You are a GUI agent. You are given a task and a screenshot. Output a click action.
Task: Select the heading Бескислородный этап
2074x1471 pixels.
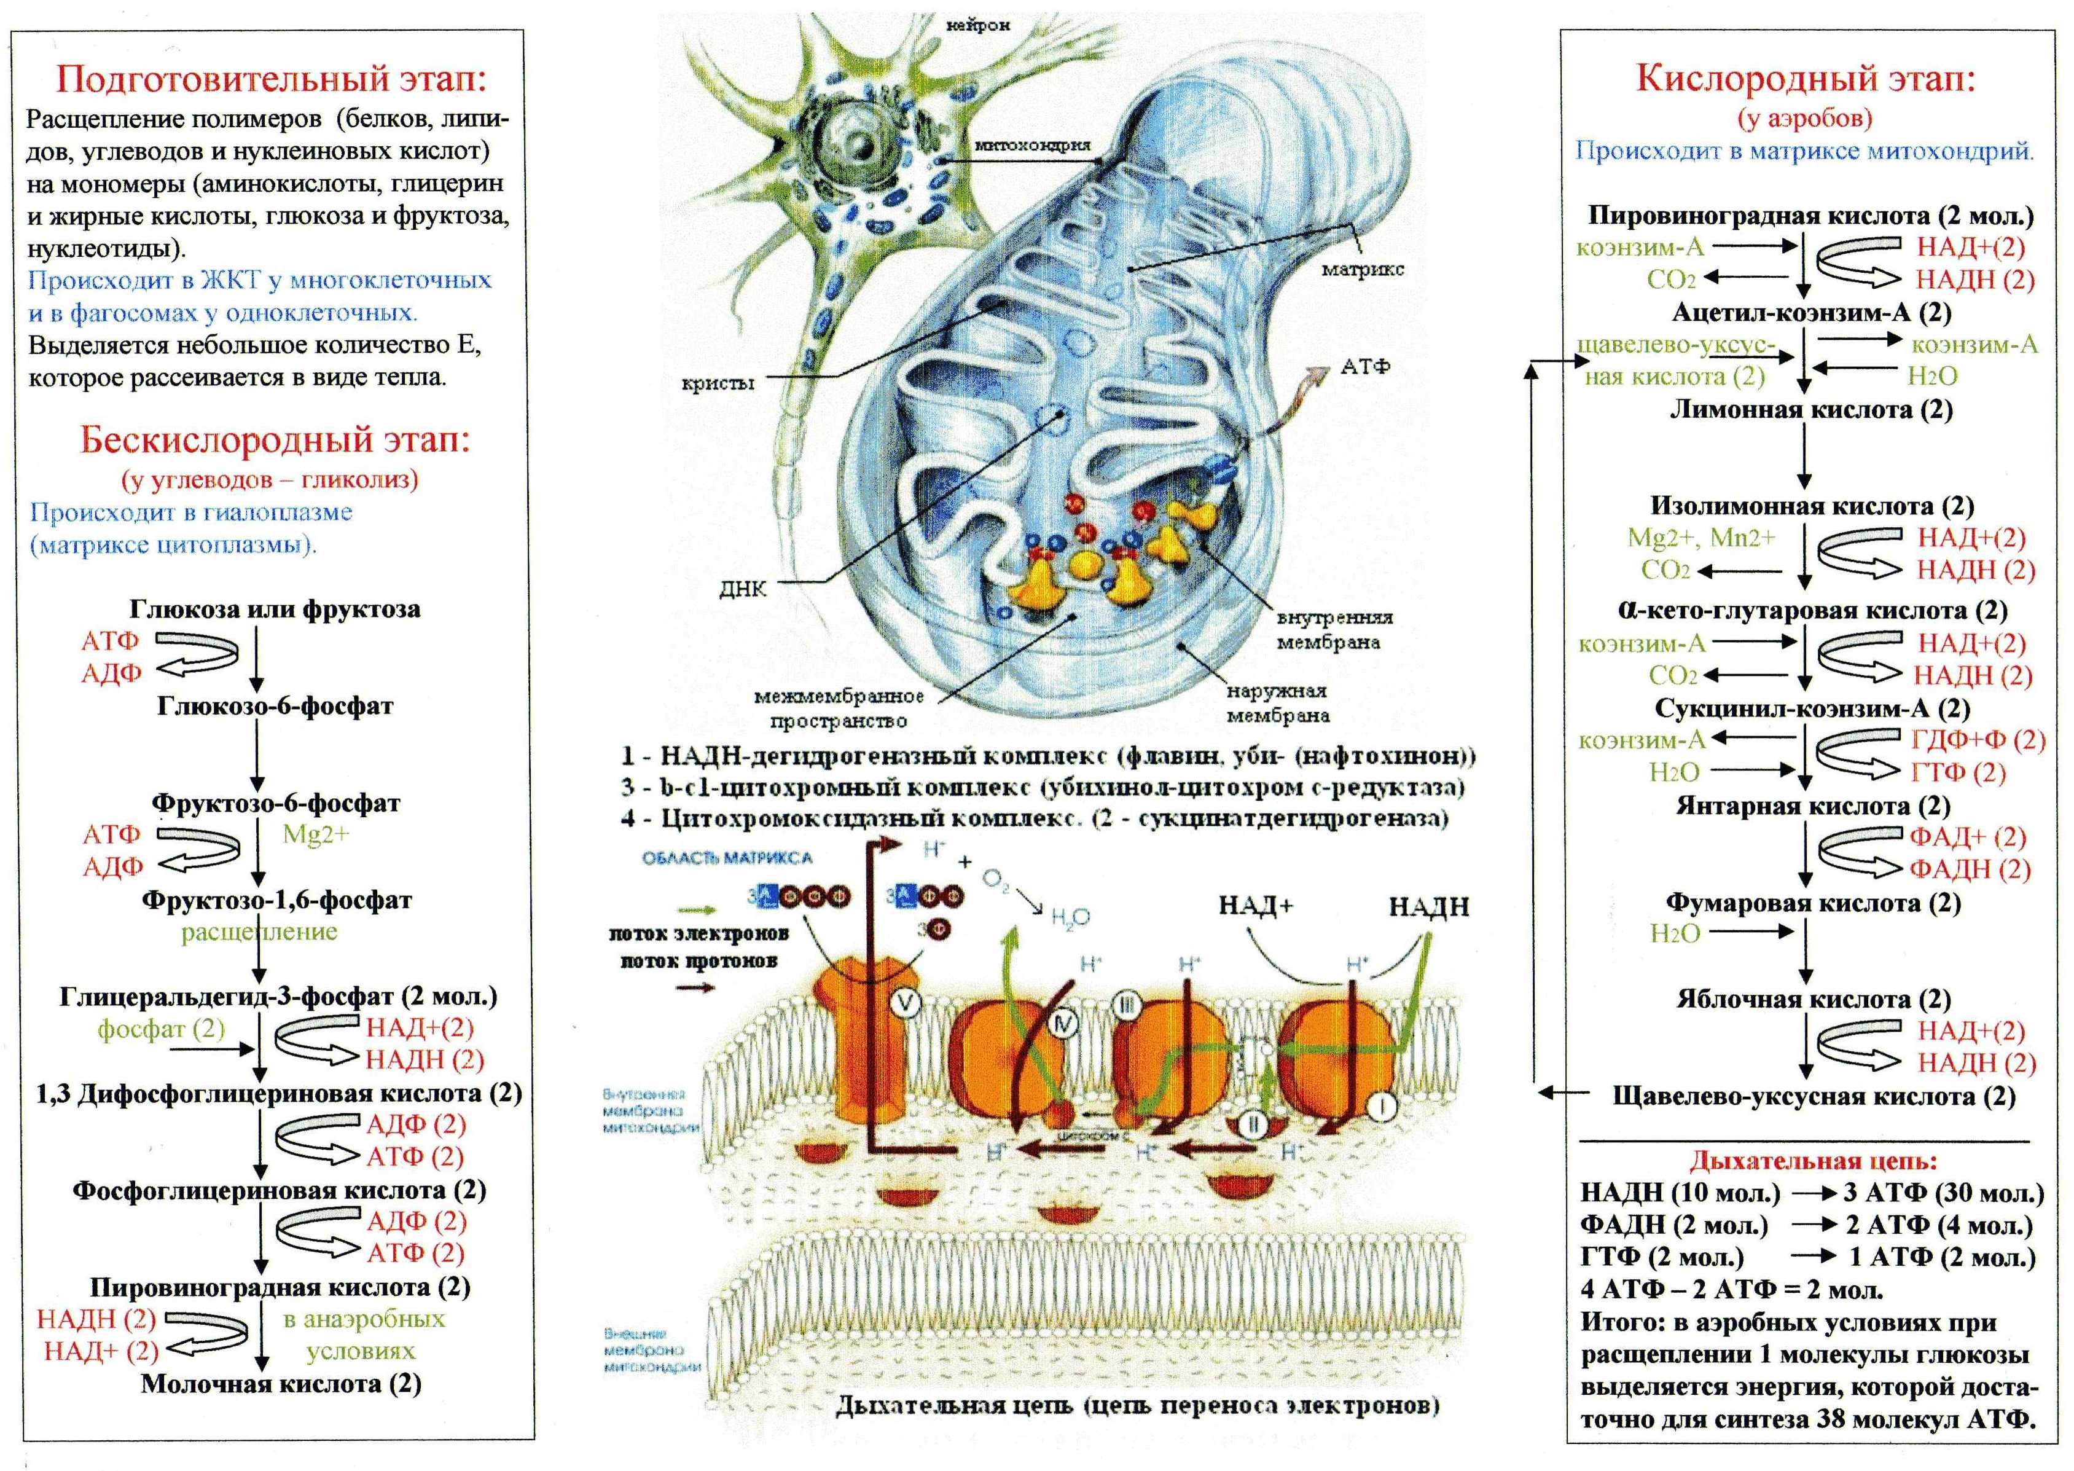[x=275, y=440]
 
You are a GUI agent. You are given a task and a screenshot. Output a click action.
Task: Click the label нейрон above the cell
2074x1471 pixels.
[x=977, y=25]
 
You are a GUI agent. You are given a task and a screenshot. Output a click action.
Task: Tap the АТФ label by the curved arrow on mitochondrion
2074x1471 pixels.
[x=1365, y=367]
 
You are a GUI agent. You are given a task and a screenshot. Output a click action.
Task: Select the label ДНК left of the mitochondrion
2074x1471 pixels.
[x=743, y=590]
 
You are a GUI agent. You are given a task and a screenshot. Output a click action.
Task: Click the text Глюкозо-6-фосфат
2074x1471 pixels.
[x=275, y=707]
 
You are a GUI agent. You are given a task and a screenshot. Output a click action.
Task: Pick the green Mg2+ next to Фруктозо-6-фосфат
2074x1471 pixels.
[x=315, y=834]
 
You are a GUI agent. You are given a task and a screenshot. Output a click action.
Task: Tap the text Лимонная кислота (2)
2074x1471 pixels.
[x=1810, y=409]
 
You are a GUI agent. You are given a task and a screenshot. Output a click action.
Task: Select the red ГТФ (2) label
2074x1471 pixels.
[x=1958, y=772]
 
